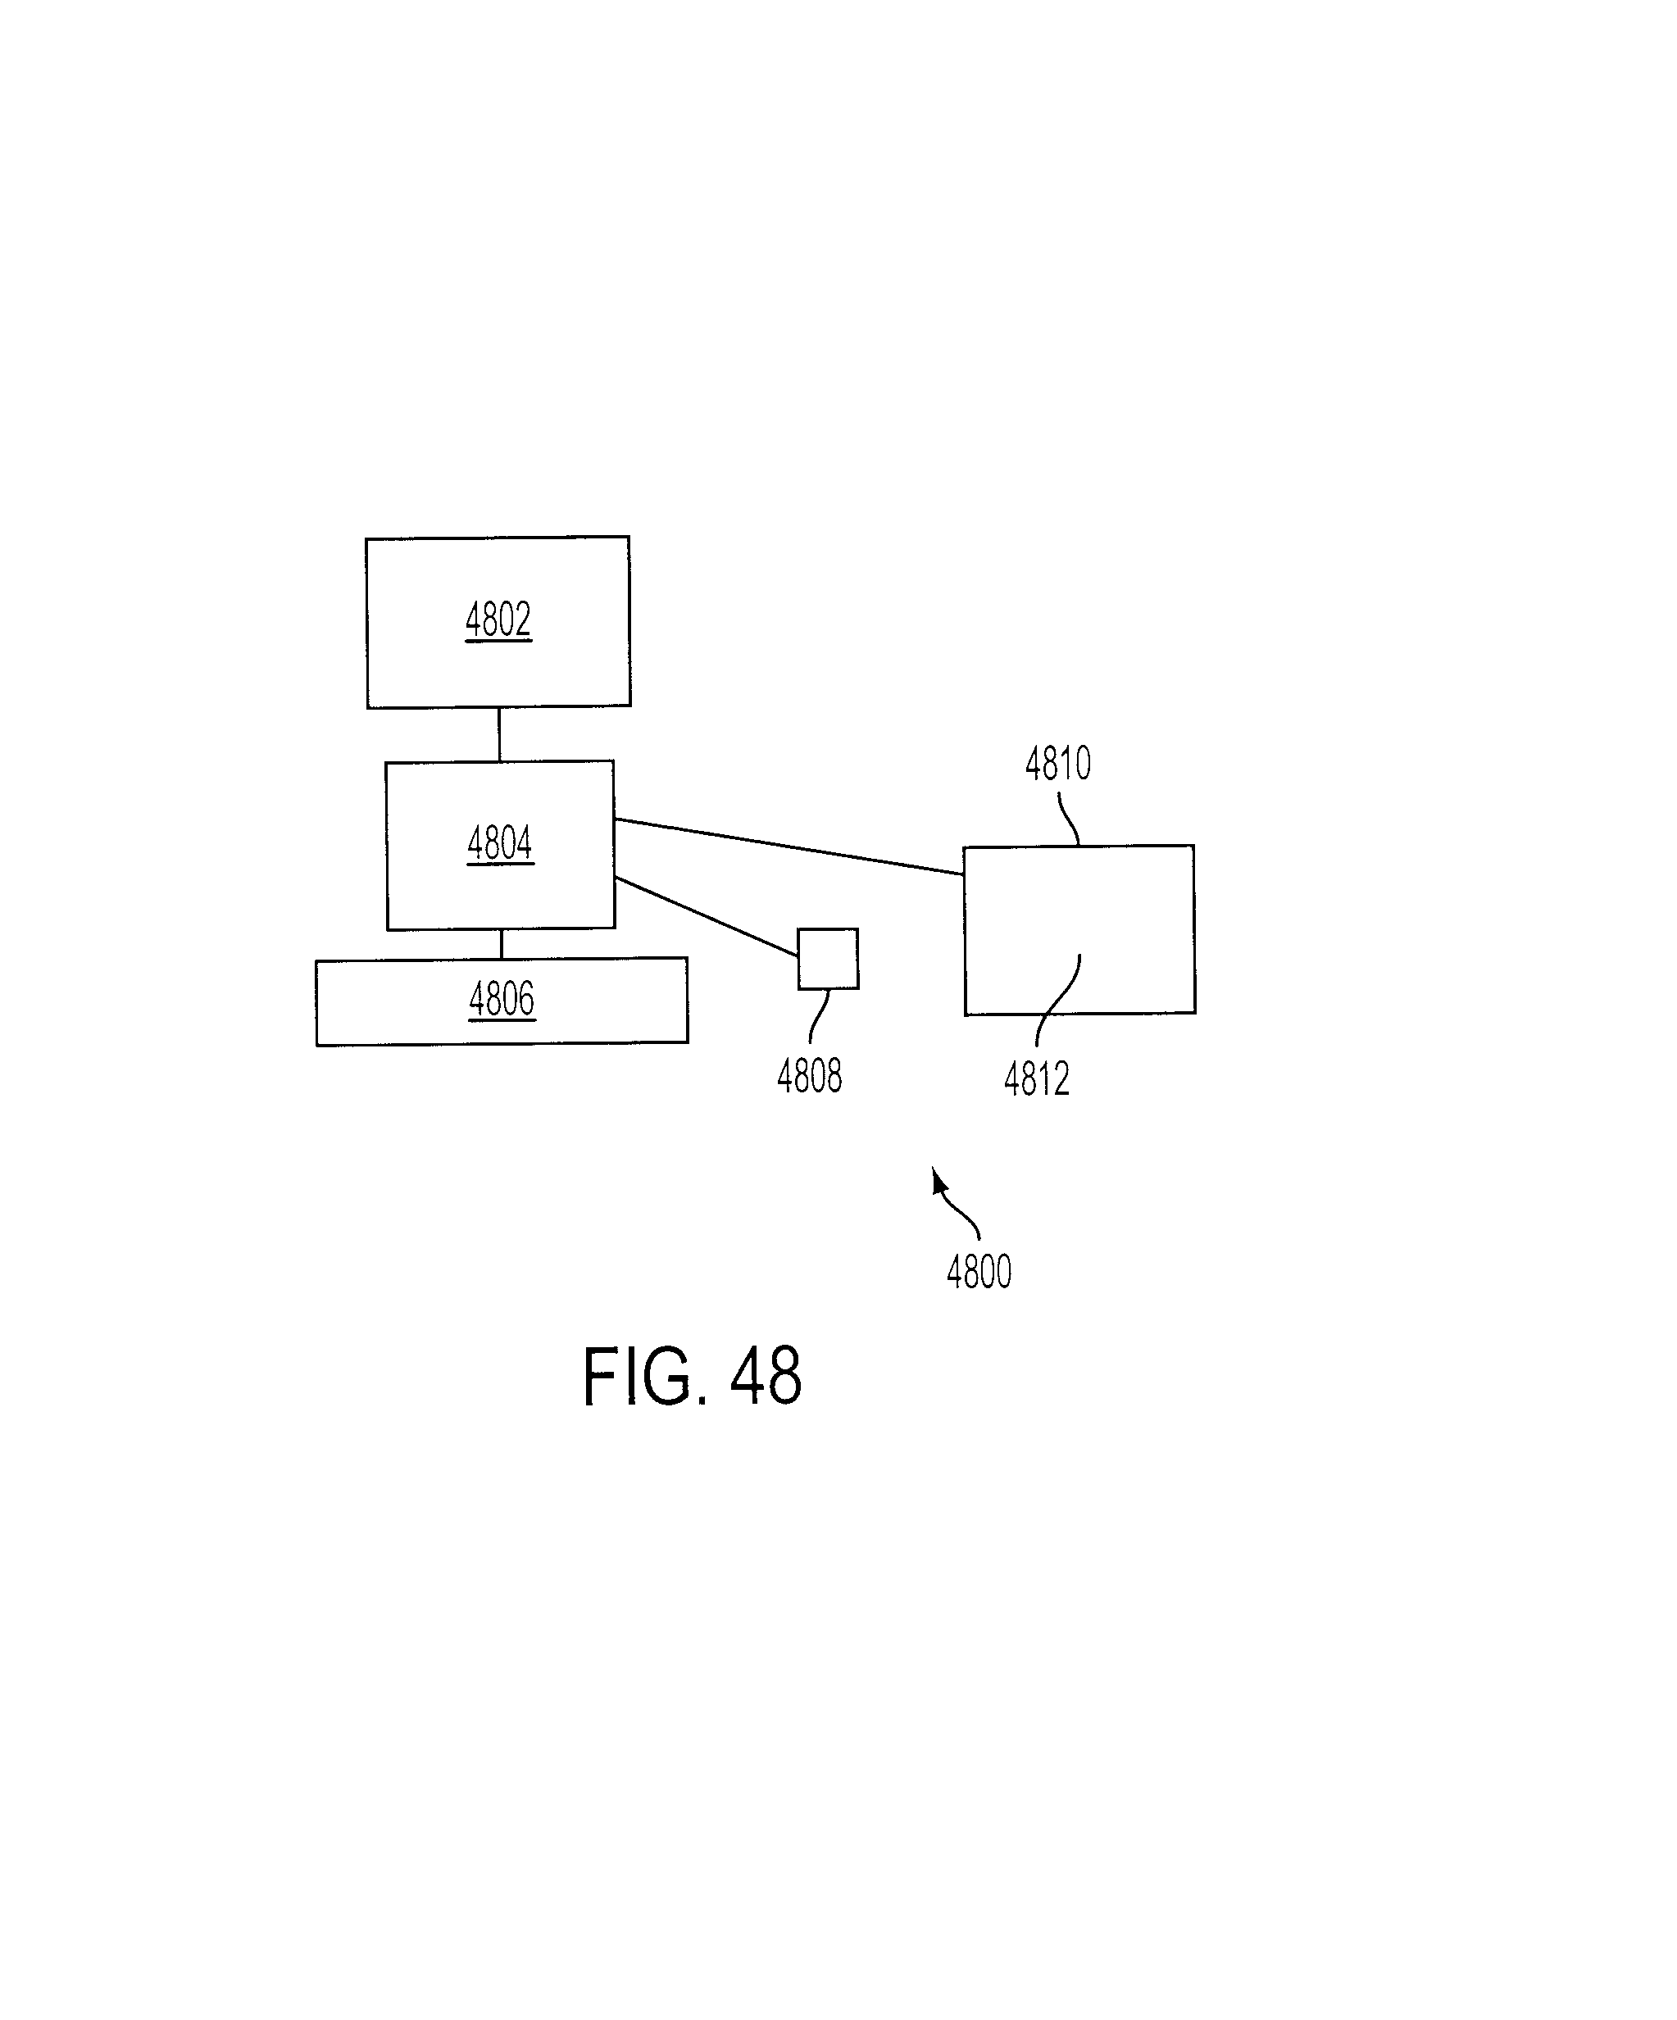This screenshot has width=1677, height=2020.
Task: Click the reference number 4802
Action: tap(498, 620)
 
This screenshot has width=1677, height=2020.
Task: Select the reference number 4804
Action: tap(500, 843)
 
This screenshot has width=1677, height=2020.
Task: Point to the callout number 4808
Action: tap(809, 1076)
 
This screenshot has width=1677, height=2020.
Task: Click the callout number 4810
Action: tap(1057, 764)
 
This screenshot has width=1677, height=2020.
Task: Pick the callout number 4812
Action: tap(1036, 1079)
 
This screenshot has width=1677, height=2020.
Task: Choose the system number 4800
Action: tap(979, 1272)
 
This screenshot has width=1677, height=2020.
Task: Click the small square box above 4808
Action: tap(829, 959)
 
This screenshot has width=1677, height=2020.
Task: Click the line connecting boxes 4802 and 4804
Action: tap(499, 735)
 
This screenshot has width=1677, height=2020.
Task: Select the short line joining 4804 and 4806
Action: tap(502, 944)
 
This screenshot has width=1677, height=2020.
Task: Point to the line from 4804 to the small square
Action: tap(707, 917)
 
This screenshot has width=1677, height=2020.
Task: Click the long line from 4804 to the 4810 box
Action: tap(789, 847)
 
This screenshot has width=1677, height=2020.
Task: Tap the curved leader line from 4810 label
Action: tap(1068, 819)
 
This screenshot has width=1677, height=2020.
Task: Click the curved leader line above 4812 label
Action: tap(1057, 1001)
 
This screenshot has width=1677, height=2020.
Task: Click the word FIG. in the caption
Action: tap(638, 1377)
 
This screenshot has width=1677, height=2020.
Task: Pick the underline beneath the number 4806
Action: tap(502, 1019)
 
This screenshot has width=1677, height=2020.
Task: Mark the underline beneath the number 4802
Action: tap(498, 640)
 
